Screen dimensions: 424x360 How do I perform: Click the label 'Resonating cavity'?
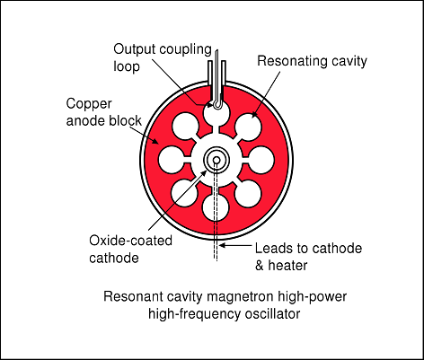312,61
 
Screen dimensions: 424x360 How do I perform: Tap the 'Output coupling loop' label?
163,57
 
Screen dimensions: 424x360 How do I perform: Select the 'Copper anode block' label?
103,112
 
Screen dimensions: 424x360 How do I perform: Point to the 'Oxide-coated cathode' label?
130,249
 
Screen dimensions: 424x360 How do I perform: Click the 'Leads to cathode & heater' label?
308,257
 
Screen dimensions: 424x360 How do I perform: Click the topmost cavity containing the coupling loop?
216,114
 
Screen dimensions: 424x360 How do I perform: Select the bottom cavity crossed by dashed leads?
216,207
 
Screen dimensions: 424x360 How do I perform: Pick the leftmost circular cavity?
171,160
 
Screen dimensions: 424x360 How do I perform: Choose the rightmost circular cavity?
261,160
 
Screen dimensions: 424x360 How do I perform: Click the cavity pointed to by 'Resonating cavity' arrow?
248,127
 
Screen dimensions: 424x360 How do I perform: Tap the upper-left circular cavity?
185,127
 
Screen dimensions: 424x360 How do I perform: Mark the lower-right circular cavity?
247,194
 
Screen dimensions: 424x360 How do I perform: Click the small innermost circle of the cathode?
216,161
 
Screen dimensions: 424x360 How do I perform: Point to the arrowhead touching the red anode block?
155,141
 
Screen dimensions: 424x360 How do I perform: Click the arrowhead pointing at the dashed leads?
223,246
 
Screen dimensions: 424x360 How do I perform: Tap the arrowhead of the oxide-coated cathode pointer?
204,172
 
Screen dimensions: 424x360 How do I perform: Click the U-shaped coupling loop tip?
217,105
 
